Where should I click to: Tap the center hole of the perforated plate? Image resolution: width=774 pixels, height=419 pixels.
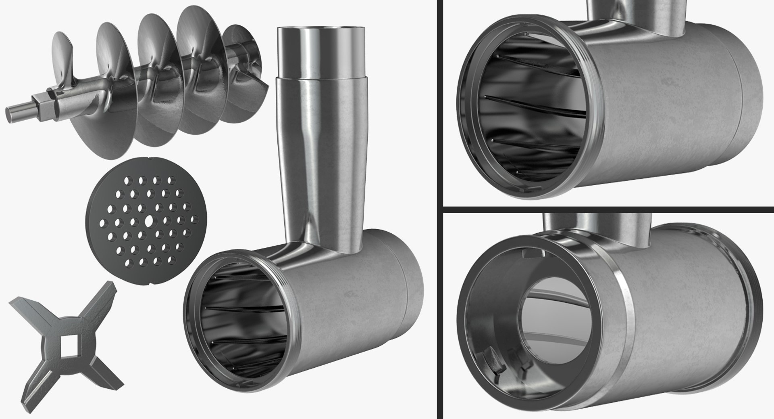point(148,221)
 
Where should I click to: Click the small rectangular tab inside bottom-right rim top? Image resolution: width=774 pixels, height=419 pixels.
point(531,253)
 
